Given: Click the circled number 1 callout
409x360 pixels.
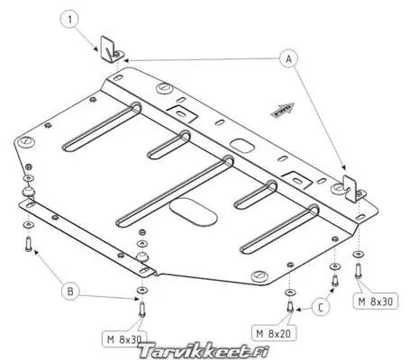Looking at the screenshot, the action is pos(70,20).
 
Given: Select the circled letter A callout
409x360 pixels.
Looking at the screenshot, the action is pos(288,58).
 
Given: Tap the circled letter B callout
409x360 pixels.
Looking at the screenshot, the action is pos(70,291).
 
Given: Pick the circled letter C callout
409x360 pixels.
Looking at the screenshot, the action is pos(321,307).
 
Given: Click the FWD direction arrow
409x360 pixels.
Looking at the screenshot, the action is pos(283,110).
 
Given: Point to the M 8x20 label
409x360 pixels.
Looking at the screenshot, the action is pos(274,333).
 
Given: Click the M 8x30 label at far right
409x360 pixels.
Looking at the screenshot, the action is pos(376,301).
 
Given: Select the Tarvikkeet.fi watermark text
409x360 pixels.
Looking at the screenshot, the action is pos(204,351).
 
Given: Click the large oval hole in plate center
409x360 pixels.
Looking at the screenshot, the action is pos(193,211).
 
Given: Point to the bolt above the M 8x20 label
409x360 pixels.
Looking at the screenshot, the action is pos(290,306).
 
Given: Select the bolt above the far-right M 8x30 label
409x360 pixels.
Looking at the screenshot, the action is pos(358,271).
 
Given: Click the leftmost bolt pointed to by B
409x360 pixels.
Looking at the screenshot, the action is pos(29,244).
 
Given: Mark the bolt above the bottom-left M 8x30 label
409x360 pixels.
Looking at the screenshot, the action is pos(142,309).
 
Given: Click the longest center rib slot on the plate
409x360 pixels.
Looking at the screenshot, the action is pos(175,192).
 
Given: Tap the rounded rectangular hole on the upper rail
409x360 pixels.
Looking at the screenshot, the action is pos(242,146).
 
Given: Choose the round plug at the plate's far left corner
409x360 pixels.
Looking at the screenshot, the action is pos(26,141).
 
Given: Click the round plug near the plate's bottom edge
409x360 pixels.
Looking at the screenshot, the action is pos(259,275).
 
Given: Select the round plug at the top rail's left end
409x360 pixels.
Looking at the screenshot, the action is pos(165,87).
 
